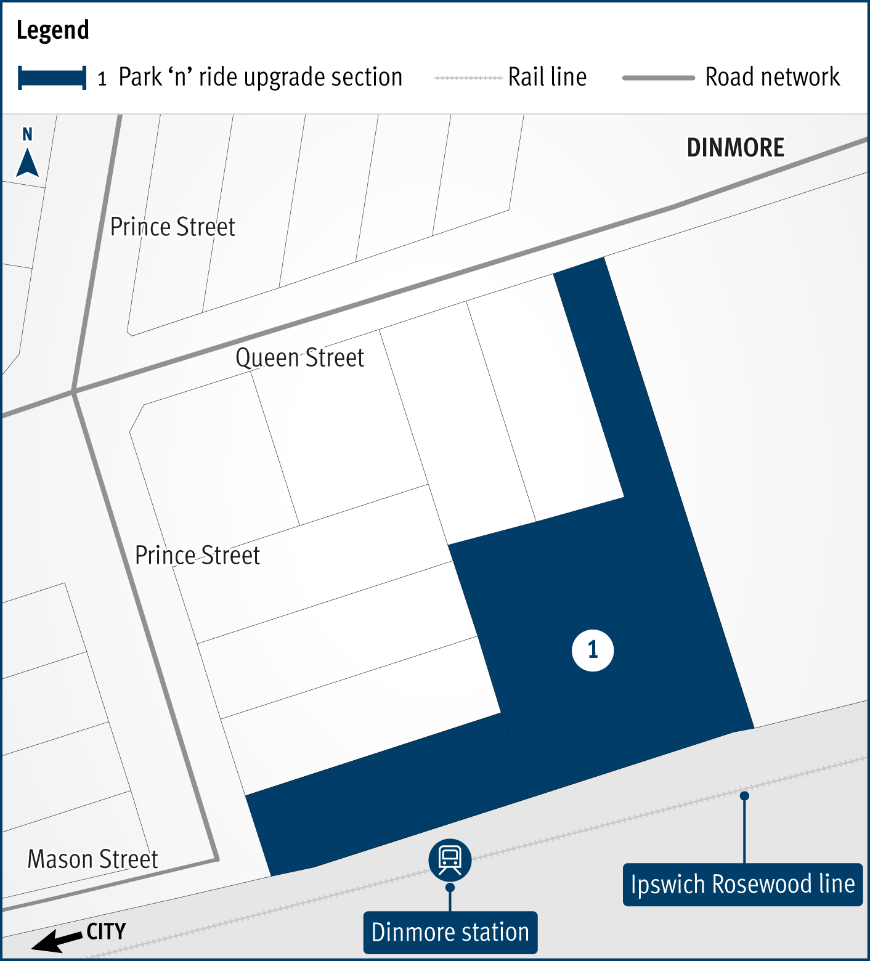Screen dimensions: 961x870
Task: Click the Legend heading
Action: click(x=52, y=30)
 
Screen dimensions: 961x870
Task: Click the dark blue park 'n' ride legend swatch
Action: click(x=52, y=78)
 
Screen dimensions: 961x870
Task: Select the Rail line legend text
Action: click(x=547, y=78)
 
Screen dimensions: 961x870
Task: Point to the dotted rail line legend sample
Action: click(x=468, y=78)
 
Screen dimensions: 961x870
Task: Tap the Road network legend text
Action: click(x=772, y=78)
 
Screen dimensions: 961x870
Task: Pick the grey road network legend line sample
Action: click(x=658, y=78)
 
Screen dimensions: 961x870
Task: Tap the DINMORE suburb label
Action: click(x=735, y=148)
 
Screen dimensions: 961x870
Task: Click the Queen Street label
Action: click(x=299, y=358)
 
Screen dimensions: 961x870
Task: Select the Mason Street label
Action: click(x=93, y=859)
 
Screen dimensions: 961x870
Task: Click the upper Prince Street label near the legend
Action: click(x=173, y=227)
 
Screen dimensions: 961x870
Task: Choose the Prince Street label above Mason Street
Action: click(x=197, y=556)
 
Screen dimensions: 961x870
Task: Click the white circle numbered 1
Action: click(x=593, y=650)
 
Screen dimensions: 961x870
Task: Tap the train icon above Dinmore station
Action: click(x=450, y=859)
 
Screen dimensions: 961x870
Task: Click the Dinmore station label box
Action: click(x=450, y=933)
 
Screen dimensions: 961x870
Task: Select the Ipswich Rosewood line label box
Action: click(x=742, y=885)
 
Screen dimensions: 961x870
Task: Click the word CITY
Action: click(x=106, y=931)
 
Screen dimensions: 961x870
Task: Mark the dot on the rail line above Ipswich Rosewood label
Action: click(x=744, y=796)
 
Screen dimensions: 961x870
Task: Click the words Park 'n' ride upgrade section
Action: click(x=260, y=78)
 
